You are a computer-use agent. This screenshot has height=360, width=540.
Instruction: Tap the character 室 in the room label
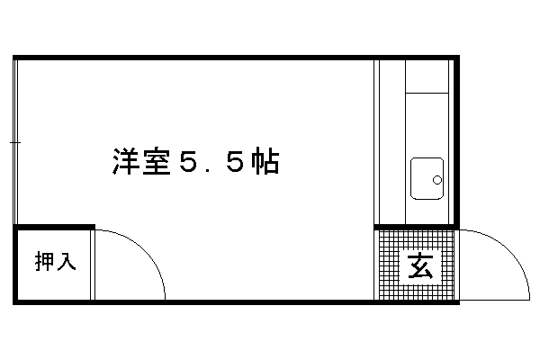point(157,161)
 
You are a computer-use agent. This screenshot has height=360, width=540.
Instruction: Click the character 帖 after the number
point(265,161)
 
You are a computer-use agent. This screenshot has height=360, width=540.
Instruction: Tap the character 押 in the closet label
point(45,262)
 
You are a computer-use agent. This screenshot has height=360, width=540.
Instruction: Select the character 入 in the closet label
point(66,262)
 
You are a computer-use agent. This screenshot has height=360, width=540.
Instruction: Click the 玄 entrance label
point(419,266)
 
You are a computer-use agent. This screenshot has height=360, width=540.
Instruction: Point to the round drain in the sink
point(437,180)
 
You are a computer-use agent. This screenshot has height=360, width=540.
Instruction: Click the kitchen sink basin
point(427,178)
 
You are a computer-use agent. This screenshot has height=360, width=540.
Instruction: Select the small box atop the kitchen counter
point(427,76)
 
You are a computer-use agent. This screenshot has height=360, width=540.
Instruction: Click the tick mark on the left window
point(15,142)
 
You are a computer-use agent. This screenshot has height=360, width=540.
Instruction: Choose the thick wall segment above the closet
point(54,227)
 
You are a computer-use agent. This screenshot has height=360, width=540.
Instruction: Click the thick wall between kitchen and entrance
point(417,227)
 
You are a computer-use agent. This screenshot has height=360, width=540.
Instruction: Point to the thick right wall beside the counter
point(457,142)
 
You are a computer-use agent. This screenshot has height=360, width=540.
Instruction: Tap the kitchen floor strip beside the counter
point(392,142)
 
